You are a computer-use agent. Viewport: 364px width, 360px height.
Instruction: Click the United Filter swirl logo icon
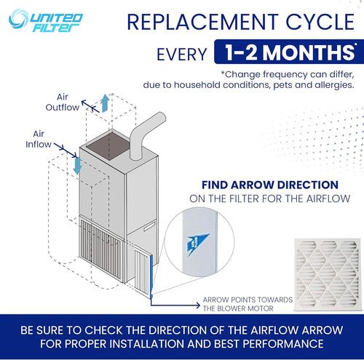[19, 19]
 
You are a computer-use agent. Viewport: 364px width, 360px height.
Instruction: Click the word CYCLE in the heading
[320, 22]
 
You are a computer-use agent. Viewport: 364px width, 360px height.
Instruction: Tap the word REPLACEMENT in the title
[202, 22]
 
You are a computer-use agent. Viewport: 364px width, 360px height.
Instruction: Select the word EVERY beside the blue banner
[182, 55]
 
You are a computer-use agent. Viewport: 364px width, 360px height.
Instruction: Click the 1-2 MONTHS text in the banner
[290, 52]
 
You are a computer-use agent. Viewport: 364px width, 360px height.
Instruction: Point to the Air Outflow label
[63, 102]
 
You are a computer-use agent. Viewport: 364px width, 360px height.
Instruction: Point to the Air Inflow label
[39, 139]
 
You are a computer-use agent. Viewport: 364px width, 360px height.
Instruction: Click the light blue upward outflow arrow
[105, 103]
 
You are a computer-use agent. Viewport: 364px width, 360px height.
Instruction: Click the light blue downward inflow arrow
[77, 166]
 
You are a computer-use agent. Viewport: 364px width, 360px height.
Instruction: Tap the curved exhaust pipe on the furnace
[144, 135]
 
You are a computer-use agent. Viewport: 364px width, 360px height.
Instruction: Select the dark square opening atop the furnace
[108, 145]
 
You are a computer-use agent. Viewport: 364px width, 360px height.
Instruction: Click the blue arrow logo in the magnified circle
[197, 244]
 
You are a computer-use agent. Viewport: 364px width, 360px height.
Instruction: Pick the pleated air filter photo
[328, 274]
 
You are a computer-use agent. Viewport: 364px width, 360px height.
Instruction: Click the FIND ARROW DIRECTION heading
[270, 185]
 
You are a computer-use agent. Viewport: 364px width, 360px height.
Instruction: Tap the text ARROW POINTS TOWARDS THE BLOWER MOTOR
[248, 304]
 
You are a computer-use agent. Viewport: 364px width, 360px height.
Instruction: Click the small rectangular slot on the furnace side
[149, 226]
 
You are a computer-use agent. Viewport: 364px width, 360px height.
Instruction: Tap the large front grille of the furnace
[101, 249]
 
